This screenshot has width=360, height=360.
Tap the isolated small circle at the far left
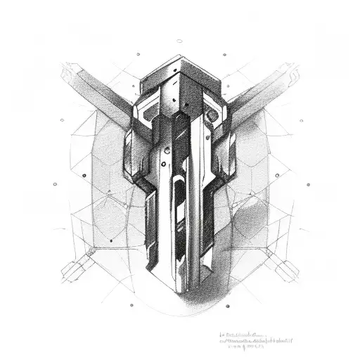(x=54, y=184)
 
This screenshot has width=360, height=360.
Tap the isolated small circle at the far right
(x=307, y=184)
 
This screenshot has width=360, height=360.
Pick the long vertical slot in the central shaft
(x=176, y=211)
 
